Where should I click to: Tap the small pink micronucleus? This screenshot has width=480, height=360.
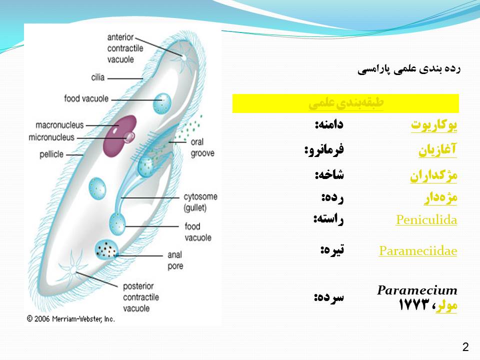coord(130,137)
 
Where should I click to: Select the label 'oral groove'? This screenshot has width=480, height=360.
coord(202,147)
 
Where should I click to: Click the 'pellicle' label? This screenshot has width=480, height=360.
coord(51,154)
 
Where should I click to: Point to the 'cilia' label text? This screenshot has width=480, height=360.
coord(97,77)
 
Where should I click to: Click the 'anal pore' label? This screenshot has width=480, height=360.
coord(175,260)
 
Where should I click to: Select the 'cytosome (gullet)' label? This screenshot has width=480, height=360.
coord(200,202)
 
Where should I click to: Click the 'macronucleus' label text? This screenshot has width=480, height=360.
coord(59,125)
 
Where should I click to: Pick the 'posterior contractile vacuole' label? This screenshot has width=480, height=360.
coord(141,297)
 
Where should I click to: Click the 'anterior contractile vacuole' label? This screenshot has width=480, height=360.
coord(125,48)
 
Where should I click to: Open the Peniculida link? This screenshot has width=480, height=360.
coord(426,220)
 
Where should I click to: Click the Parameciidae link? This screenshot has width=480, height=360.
coord(418,250)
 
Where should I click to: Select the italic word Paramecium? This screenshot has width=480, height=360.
coord(417,290)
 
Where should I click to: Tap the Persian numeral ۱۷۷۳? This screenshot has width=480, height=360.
coord(414,304)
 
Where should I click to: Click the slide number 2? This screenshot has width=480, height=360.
coord(465,347)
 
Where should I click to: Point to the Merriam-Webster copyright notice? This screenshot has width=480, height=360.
coord(70,319)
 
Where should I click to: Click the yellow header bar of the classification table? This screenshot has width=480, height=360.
coord(345,103)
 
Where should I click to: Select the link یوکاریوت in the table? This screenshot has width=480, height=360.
coord(434,125)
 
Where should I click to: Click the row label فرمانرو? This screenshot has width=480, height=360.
coord(324,149)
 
